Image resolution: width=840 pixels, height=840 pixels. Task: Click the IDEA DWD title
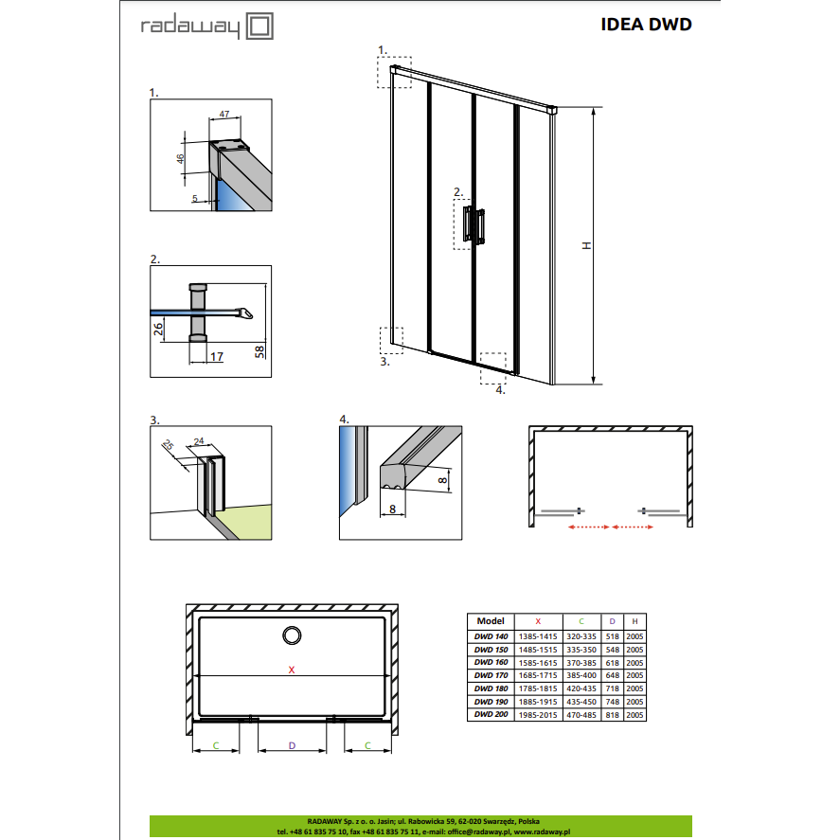tap(646, 25)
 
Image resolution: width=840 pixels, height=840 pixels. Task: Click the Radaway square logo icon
tap(259, 27)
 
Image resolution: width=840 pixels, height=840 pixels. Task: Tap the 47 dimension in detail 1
tap(224, 114)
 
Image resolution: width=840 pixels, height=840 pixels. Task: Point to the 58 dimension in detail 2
tap(259, 351)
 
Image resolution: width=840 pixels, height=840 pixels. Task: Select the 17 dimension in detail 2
tap(217, 357)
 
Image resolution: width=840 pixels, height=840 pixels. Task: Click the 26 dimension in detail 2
tap(158, 329)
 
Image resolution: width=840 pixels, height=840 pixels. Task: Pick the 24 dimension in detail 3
tap(199, 441)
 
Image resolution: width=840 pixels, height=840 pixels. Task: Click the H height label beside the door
tap(587, 245)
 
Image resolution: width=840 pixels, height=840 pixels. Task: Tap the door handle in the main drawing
tap(474, 225)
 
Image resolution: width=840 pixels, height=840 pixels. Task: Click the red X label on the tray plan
tap(292, 670)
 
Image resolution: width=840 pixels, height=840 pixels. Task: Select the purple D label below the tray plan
tap(292, 745)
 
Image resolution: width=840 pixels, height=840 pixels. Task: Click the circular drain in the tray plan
tap(292, 635)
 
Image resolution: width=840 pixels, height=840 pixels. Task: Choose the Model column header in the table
tap(491, 621)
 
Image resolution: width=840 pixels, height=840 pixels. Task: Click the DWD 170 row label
tap(491, 675)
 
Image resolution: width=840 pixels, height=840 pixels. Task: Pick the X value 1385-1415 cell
tap(538, 636)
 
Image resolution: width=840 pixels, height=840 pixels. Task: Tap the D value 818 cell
tap(613, 715)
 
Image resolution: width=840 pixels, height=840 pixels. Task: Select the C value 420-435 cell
tap(581, 688)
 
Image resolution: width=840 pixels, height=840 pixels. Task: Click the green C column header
tap(581, 621)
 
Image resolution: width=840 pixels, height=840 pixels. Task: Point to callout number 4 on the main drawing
tap(500, 390)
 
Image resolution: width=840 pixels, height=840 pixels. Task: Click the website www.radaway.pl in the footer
tap(542, 832)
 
